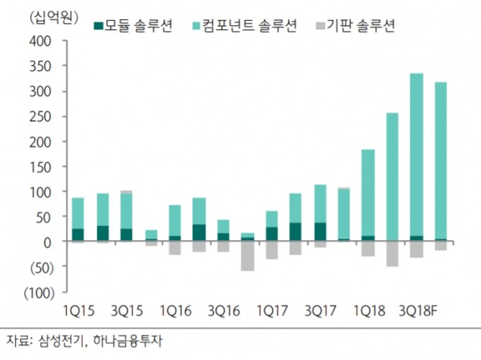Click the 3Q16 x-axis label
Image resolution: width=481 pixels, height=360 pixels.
point(223,311)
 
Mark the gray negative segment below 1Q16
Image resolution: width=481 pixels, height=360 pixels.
point(174,249)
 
